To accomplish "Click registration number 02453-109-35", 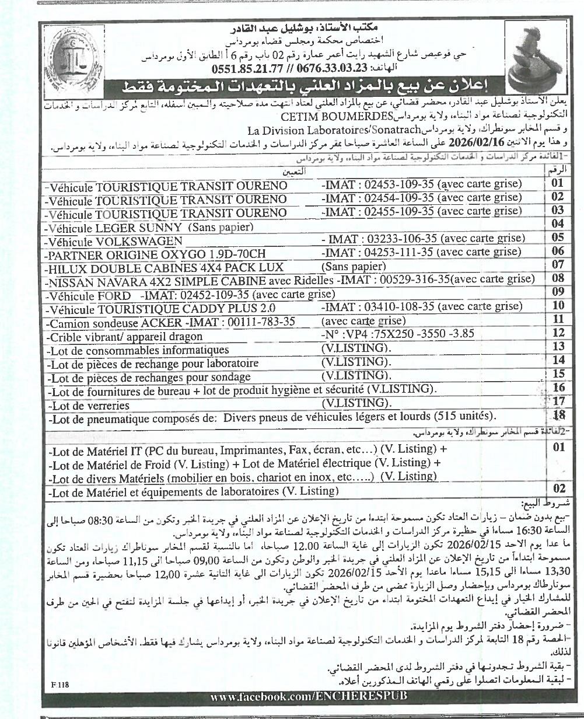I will click(x=398, y=184).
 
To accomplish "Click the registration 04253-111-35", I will click(x=398, y=252).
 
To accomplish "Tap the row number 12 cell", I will click(x=558, y=333).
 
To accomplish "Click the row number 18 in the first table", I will click(x=558, y=415).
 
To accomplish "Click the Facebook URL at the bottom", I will click(x=309, y=697).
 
